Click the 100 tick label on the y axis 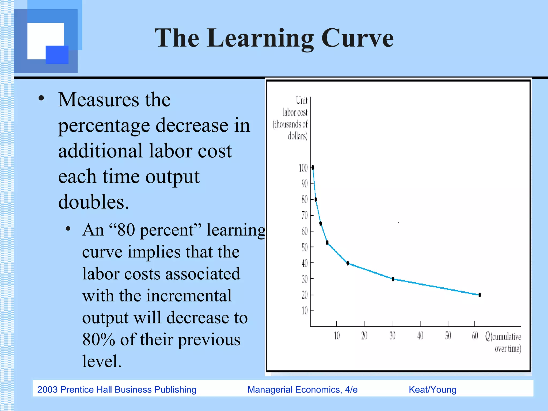click(x=303, y=168)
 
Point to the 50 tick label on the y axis click(x=305, y=248)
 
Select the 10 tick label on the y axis click(x=305, y=311)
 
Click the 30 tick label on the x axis click(x=392, y=336)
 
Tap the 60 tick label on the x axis click(x=475, y=336)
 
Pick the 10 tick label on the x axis click(x=337, y=336)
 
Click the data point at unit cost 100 click(x=313, y=168)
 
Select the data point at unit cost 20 click(x=479, y=295)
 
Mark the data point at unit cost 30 click(x=393, y=279)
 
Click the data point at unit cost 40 click(x=348, y=263)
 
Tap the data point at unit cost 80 click(x=316, y=199)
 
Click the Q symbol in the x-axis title click(x=488, y=336)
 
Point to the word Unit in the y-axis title click(x=302, y=101)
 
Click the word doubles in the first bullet click(x=93, y=202)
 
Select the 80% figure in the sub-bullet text click(x=99, y=340)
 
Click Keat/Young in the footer click(x=432, y=390)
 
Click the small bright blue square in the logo click(x=57, y=55)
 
